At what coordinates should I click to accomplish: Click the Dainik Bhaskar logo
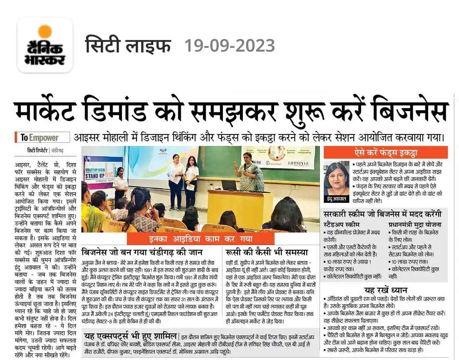click(x=45, y=45)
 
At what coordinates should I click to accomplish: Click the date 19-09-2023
click(x=229, y=45)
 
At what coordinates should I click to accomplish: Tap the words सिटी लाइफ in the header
click(x=128, y=45)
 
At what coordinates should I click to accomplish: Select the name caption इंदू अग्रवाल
click(x=336, y=199)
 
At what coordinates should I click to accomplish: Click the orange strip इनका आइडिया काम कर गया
click(x=201, y=239)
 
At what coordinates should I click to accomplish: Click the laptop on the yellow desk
click(x=229, y=185)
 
